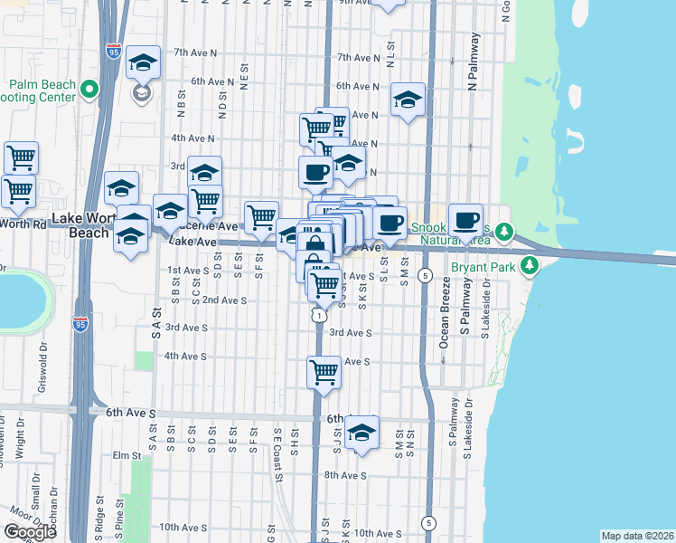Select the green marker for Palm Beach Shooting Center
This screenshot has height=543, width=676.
click(89, 88)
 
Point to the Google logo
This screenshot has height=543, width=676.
click(30, 532)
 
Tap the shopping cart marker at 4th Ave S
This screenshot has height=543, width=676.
click(324, 371)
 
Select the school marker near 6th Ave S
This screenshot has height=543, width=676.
click(361, 433)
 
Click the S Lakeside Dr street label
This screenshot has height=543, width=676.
click(485, 309)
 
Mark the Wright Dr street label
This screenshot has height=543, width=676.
click(19, 433)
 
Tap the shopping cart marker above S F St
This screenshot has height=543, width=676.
click(261, 216)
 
